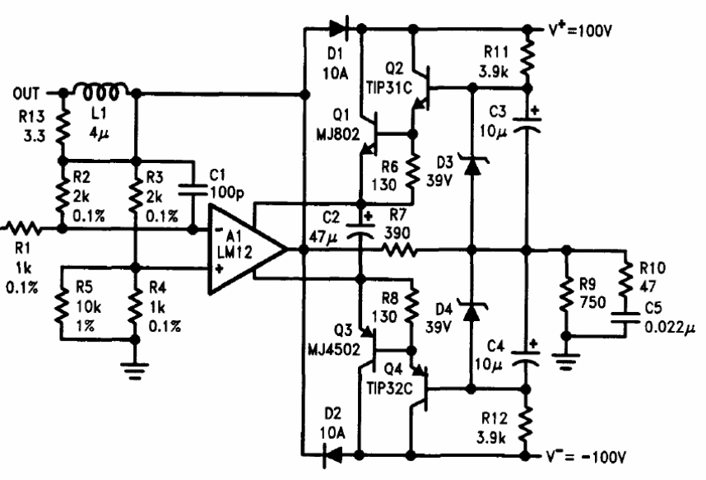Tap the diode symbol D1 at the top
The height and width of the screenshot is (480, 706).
click(338, 29)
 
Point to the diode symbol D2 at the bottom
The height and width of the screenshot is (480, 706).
click(333, 455)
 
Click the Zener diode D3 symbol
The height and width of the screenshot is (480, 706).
click(471, 165)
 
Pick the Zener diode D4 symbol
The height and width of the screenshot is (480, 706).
click(471, 310)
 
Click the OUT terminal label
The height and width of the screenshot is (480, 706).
click(26, 93)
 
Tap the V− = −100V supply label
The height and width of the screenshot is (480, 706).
click(586, 457)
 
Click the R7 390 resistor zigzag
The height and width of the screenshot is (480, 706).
click(398, 249)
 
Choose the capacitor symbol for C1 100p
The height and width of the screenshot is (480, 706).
click(193, 191)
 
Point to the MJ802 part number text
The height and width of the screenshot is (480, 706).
click(338, 134)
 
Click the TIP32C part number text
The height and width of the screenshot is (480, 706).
click(390, 389)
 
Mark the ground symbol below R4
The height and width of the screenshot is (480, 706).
click(135, 370)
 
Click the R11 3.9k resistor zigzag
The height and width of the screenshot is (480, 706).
click(527, 58)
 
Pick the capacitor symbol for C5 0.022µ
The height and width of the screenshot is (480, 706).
click(625, 317)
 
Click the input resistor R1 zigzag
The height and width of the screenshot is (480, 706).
click(23, 229)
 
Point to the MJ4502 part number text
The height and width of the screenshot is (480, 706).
click(334, 349)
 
